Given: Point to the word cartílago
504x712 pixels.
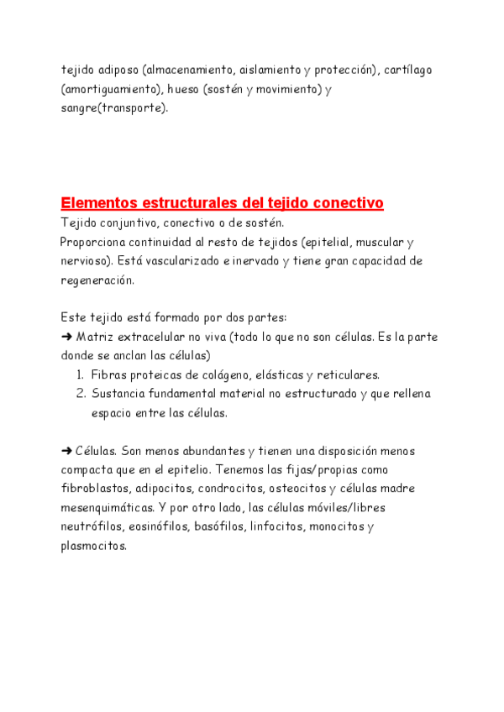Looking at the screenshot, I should (x=408, y=70).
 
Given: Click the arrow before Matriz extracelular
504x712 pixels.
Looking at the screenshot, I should (x=67, y=337).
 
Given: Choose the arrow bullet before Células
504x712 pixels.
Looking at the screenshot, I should (x=67, y=451).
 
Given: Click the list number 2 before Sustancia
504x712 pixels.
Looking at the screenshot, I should (x=80, y=393).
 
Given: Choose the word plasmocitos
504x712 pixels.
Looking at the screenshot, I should (x=93, y=546).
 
